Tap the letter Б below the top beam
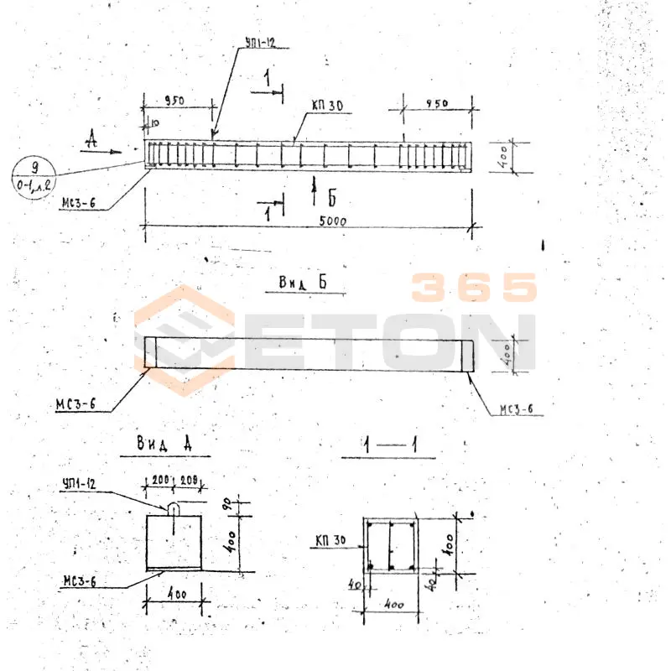[x=332, y=198]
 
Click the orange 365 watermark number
[x=473, y=288]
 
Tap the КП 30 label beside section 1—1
[x=332, y=538]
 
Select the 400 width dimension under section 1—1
[x=393, y=604]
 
